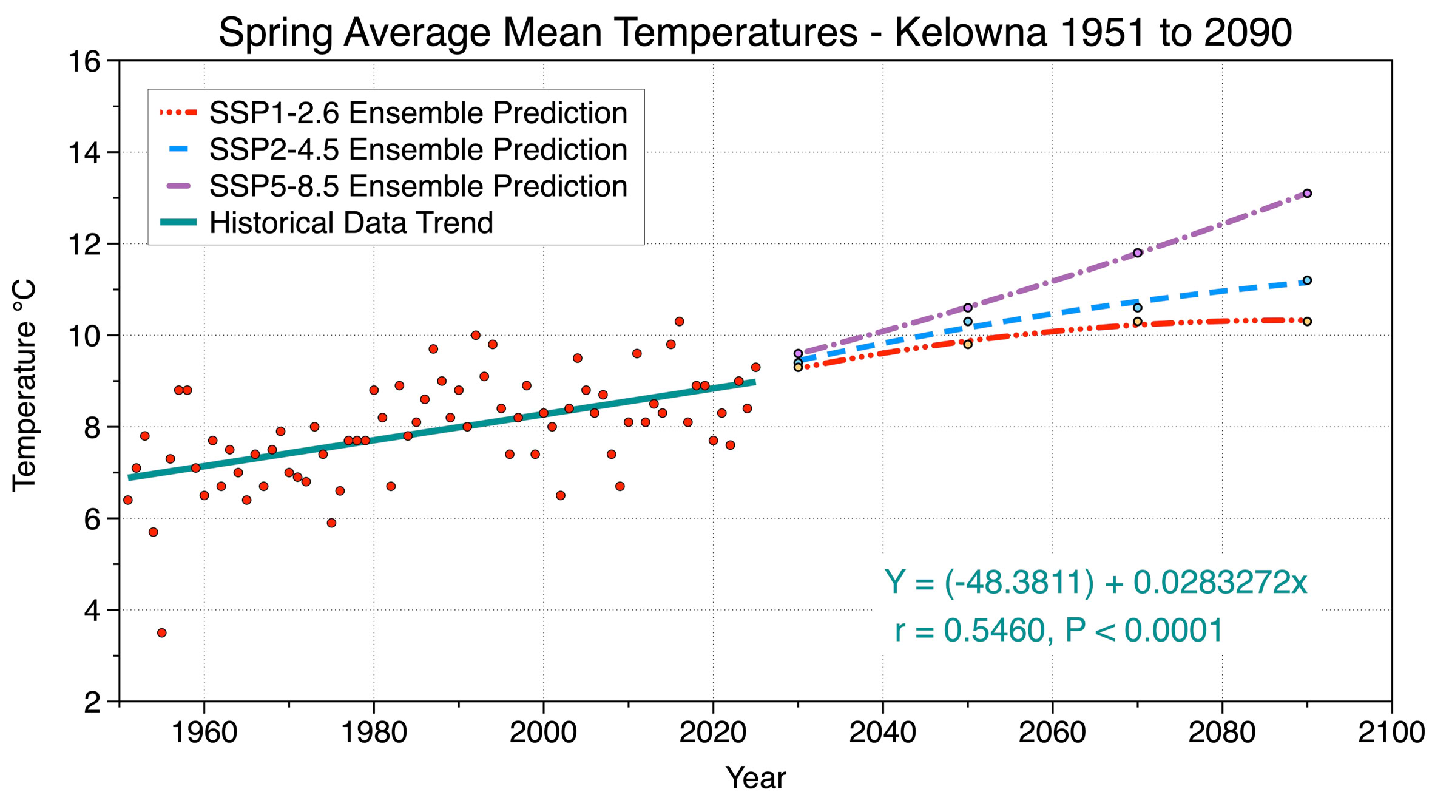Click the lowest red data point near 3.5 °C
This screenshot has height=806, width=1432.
coord(162,632)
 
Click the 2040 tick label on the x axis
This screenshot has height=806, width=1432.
coord(882,733)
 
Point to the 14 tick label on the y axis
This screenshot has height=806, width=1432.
coord(84,153)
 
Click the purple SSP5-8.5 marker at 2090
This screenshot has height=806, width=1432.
coord(1307,194)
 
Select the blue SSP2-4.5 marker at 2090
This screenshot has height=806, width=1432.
coord(1307,280)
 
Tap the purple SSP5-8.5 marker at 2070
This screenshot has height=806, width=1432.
coord(1138,252)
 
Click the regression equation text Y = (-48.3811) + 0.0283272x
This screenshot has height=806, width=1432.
coord(1095,582)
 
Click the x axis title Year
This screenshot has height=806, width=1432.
coord(755,777)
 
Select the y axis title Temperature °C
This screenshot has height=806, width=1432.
coord(25,385)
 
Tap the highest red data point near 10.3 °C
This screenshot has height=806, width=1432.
coord(680,322)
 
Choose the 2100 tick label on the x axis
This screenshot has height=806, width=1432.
coord(1391,733)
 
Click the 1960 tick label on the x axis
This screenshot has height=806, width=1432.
coord(204,733)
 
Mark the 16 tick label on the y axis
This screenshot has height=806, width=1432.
coord(84,62)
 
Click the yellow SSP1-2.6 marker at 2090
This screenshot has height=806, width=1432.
coord(1307,322)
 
